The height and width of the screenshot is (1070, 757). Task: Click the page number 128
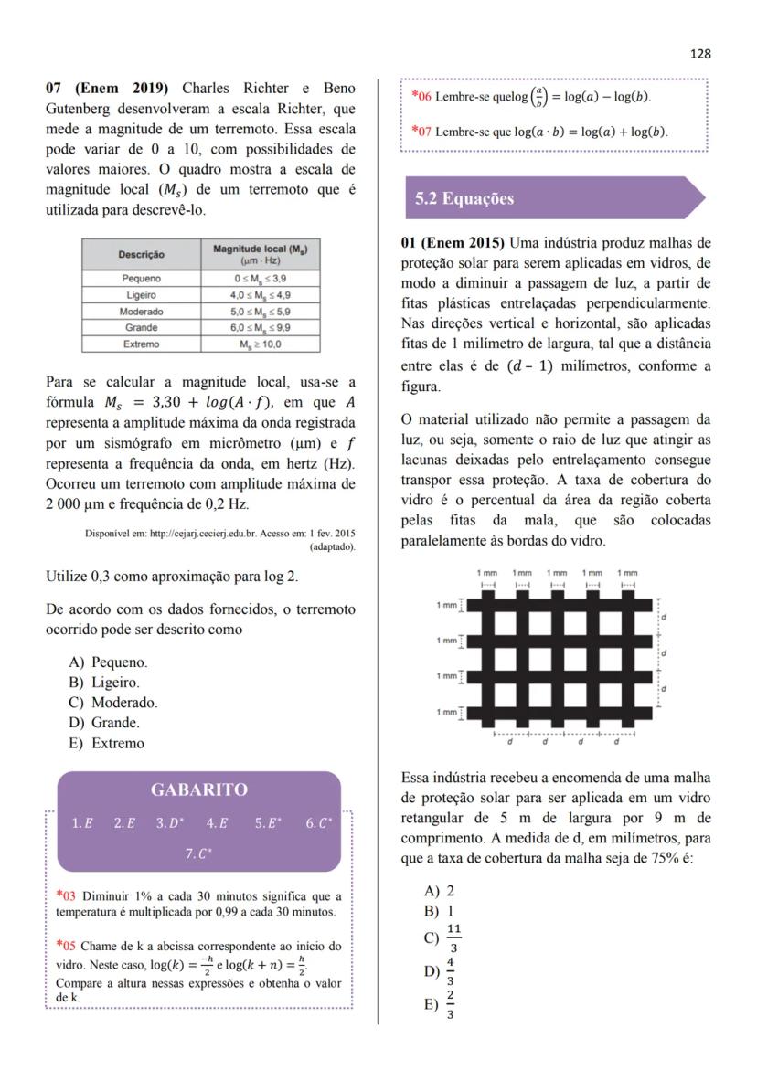[x=700, y=54]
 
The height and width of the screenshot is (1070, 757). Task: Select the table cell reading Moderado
[x=141, y=312]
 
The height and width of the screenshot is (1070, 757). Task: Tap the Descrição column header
[x=141, y=254]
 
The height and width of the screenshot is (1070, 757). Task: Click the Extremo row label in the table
[x=141, y=344]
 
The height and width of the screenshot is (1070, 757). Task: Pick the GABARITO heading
[x=198, y=789]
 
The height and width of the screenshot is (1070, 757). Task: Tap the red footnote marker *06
[x=421, y=96]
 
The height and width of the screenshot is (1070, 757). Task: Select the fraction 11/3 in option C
[x=454, y=938]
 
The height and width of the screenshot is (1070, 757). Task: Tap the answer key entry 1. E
[x=82, y=823]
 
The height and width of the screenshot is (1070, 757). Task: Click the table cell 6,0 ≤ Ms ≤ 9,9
[x=260, y=328]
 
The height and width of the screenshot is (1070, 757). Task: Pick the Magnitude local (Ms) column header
[x=260, y=254]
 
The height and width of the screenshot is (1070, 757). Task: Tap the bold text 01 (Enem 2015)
[x=453, y=243]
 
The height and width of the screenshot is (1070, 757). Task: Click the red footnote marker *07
[x=421, y=132]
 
